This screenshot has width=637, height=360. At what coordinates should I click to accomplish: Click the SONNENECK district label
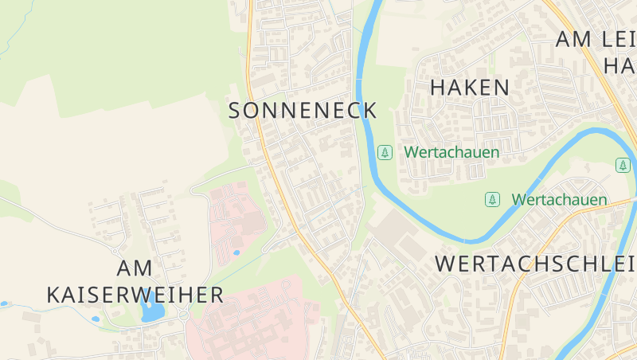click(x=303, y=111)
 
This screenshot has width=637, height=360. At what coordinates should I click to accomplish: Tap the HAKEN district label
click(x=470, y=88)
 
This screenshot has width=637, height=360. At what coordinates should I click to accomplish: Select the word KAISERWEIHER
click(x=135, y=295)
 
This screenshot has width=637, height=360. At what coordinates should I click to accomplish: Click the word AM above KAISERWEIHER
click(x=135, y=268)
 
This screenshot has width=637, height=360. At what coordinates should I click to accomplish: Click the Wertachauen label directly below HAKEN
click(x=451, y=151)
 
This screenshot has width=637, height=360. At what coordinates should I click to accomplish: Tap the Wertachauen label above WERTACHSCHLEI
click(x=559, y=199)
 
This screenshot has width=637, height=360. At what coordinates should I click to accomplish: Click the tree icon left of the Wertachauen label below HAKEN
click(x=385, y=151)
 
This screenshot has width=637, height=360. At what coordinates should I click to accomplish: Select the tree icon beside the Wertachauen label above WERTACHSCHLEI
click(x=493, y=199)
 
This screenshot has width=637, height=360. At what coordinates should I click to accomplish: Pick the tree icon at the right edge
click(x=623, y=165)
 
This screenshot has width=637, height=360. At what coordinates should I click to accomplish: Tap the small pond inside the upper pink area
click(x=236, y=252)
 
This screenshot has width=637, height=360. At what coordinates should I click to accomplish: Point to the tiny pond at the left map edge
click(x=4, y=303)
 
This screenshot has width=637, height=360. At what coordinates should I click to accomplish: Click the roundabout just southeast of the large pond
click(x=184, y=316)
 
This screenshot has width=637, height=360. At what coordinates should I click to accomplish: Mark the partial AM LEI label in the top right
click(x=596, y=38)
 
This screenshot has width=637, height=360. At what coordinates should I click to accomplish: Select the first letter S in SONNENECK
click(x=236, y=111)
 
